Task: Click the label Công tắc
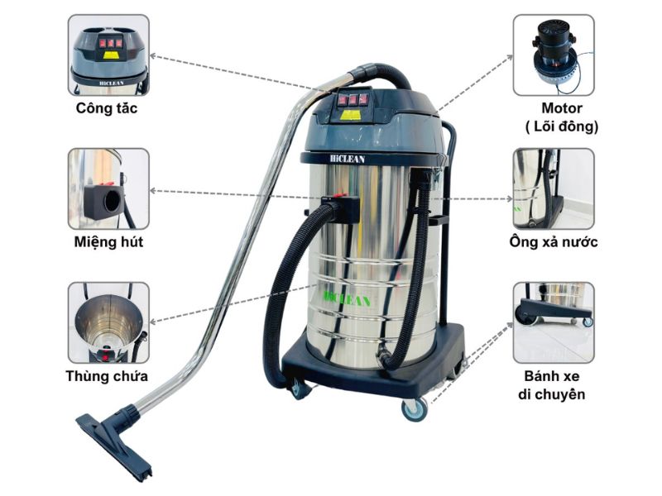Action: pos(107,108)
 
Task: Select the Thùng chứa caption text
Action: pos(107,376)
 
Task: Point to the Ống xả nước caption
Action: pos(554,242)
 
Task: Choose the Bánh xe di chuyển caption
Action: pos(554,385)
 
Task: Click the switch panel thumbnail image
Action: pos(108,55)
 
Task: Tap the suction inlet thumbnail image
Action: pos(108,188)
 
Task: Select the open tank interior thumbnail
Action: pos(108,322)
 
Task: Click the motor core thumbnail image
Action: pos(554,55)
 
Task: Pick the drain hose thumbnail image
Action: pos(554,188)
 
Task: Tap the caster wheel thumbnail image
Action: pos(554,322)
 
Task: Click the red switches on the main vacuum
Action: pos(352,99)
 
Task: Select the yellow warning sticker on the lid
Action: pos(351,116)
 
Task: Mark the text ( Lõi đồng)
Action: pos(562,126)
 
